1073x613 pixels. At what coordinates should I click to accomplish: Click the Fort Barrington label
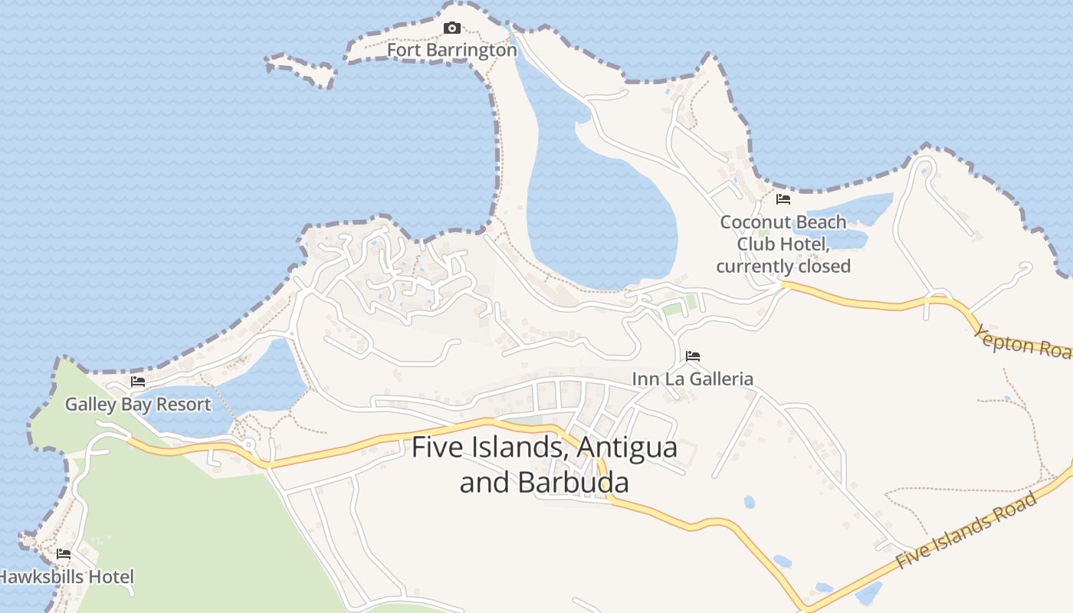(451, 51)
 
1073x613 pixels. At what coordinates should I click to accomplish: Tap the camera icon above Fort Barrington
(452, 28)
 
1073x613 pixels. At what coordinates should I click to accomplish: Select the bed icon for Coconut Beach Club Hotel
(783, 199)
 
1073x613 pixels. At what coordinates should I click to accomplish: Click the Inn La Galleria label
(692, 379)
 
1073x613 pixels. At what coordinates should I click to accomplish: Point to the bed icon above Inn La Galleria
(693, 356)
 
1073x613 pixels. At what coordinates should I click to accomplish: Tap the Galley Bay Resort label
(138, 404)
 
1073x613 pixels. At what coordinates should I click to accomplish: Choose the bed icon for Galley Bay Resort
(138, 382)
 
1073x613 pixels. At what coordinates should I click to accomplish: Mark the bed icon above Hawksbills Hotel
(64, 554)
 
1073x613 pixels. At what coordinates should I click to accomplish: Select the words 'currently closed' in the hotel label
(783, 266)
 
